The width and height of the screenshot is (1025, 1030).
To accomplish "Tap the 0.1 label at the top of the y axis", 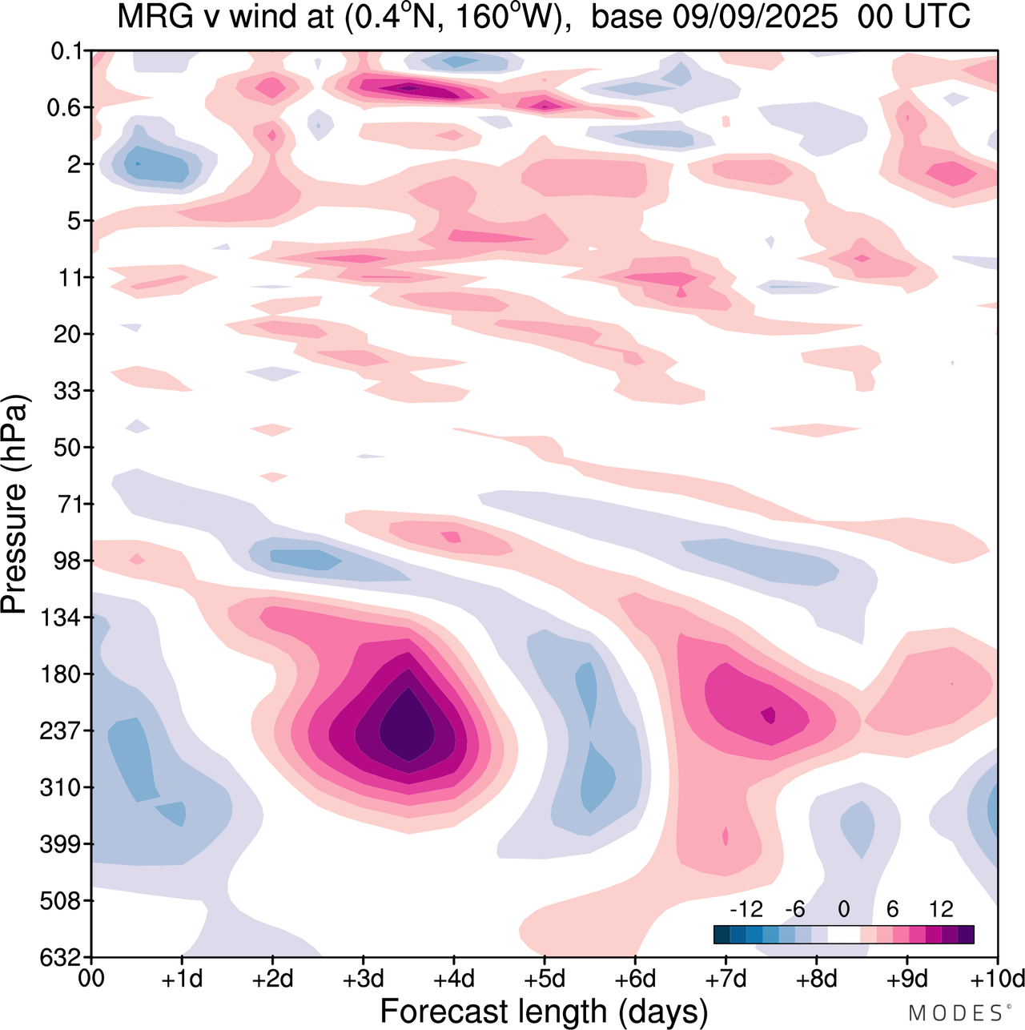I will click(66, 52).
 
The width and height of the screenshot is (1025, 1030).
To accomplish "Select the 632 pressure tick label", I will click(60, 957).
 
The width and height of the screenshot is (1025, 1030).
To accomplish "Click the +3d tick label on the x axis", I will click(364, 979).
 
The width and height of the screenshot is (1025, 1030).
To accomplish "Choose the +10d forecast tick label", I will click(996, 979).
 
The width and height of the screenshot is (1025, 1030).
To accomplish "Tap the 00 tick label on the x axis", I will click(92, 979).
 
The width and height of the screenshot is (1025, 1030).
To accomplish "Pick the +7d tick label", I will click(726, 979).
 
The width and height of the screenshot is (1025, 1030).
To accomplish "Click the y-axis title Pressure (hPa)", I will click(14, 505).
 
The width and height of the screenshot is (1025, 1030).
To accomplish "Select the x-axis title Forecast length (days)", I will click(544, 1011).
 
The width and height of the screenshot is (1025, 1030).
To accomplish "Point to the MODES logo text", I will click(958, 1012).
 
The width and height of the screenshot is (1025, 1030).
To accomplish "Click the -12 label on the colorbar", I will click(746, 909).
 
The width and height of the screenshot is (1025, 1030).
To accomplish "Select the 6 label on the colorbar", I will click(892, 909).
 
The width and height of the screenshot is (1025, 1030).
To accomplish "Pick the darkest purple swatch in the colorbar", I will click(966, 935).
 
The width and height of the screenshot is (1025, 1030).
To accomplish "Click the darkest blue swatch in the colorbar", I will click(722, 935).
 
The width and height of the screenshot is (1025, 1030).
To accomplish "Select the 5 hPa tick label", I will click(74, 221).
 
